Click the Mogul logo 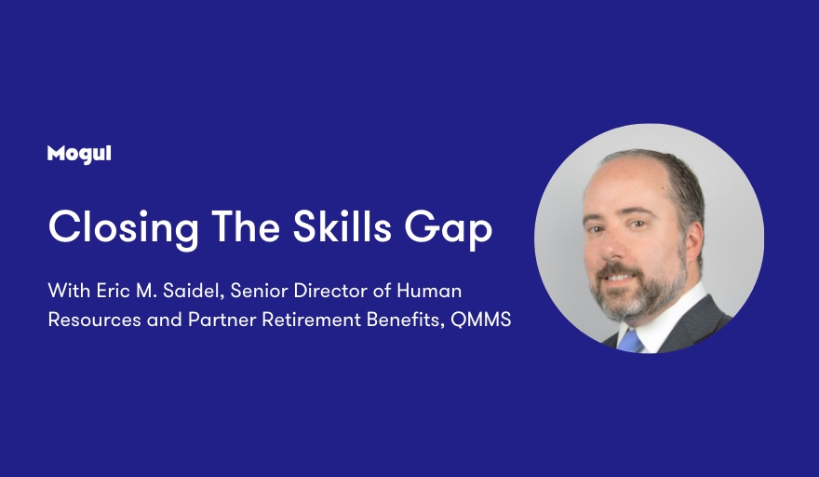pyautogui.click(x=79, y=155)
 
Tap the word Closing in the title pyautogui.click(x=123, y=228)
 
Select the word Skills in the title pyautogui.click(x=342, y=226)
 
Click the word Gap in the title pyautogui.click(x=449, y=229)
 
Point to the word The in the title pyautogui.click(x=246, y=226)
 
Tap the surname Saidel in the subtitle pyautogui.click(x=194, y=291)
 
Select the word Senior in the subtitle pyautogui.click(x=259, y=291)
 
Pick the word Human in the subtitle pyautogui.click(x=429, y=291)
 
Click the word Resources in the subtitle pyautogui.click(x=95, y=319)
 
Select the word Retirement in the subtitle pyautogui.click(x=311, y=319)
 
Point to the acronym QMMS pyautogui.click(x=480, y=319)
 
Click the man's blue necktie pyautogui.click(x=630, y=341)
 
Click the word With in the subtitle pyautogui.click(x=69, y=291)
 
